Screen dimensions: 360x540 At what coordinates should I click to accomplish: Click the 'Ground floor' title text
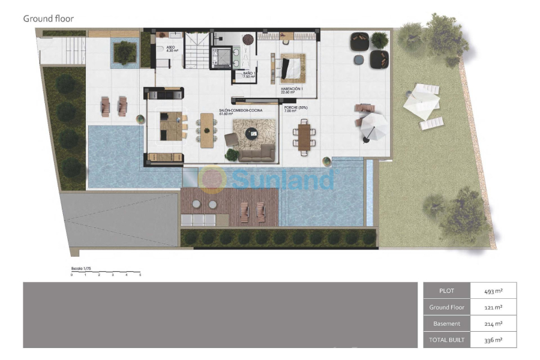(x=48, y=19)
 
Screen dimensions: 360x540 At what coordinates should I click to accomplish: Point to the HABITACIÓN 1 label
(x=292, y=90)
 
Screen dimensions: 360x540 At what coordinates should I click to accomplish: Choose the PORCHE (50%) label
(x=295, y=108)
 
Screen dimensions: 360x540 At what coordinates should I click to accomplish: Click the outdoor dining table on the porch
(x=304, y=136)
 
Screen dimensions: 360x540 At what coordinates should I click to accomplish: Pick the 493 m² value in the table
(x=493, y=291)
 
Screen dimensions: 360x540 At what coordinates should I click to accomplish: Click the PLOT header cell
(x=446, y=291)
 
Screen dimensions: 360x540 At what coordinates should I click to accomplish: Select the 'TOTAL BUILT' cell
(x=446, y=340)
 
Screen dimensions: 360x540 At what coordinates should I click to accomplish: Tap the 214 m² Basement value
(x=493, y=323)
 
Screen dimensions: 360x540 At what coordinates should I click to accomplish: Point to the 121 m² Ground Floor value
(x=493, y=307)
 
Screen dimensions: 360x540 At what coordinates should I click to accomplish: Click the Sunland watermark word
(x=282, y=179)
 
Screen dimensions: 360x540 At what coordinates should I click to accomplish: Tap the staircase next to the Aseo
(x=196, y=51)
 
